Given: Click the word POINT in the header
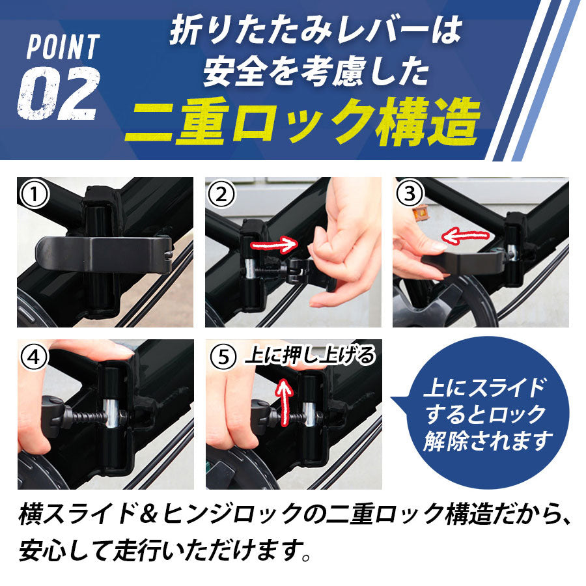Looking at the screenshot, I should tap(63, 47).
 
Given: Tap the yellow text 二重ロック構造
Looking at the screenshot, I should tap(302, 121).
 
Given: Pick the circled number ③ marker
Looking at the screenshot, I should tap(411, 193).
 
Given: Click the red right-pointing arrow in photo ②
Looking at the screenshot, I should tap(274, 244).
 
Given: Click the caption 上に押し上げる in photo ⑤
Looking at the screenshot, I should tap(310, 356).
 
